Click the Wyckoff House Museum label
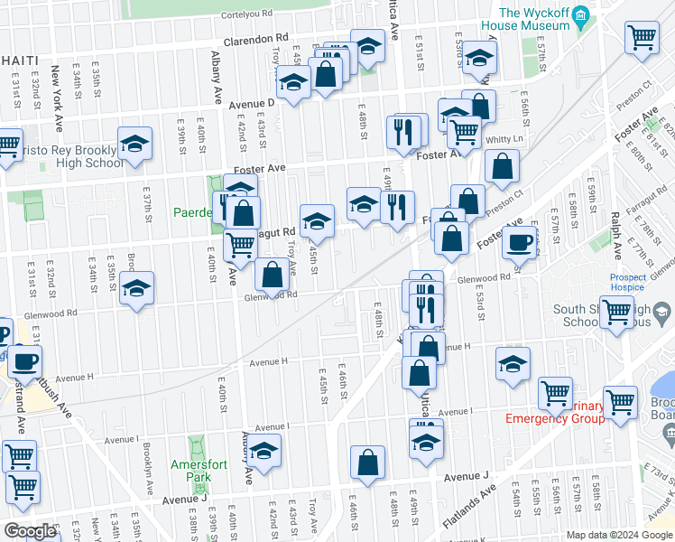pos(536,19)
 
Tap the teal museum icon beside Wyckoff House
pos(581,14)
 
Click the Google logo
pos(30,531)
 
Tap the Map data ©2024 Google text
pos(619,535)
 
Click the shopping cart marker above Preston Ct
pos(643,38)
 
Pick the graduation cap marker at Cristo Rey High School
pos(134,144)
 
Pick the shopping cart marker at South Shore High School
pos(617,312)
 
